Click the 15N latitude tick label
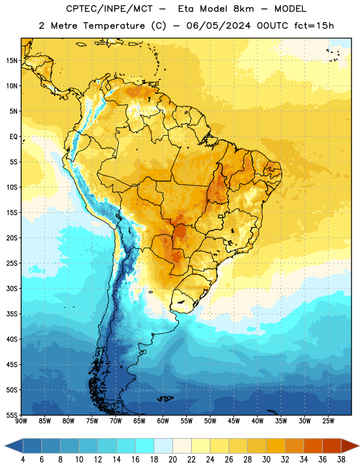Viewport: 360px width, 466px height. tap(12, 61)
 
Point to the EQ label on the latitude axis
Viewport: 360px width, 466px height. tap(13, 137)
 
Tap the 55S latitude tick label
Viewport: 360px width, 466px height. tap(12, 415)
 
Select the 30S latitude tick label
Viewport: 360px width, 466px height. tap(12, 288)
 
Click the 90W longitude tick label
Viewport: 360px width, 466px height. tap(21, 421)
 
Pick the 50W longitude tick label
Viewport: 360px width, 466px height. tap(210, 421)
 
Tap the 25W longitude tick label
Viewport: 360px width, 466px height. tap(328, 421)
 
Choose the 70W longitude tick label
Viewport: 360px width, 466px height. tap(116, 421)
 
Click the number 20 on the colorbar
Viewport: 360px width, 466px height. tap(172, 460)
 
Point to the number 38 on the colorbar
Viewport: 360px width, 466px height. tap(341, 460)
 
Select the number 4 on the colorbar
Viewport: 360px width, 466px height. tap(23, 460)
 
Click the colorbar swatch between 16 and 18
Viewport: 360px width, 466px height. tap(145, 446)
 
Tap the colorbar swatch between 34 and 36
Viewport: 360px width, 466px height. tap(313, 446)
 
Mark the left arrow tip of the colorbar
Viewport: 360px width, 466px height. tap(5, 446)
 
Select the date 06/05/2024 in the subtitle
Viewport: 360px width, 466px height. tap(218, 26)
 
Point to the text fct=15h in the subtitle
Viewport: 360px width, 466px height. tap(314, 26)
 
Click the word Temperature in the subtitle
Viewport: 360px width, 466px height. tap(114, 26)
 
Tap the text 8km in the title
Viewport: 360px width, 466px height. tap(243, 9)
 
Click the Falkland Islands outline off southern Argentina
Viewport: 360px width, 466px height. tap(165, 398)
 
